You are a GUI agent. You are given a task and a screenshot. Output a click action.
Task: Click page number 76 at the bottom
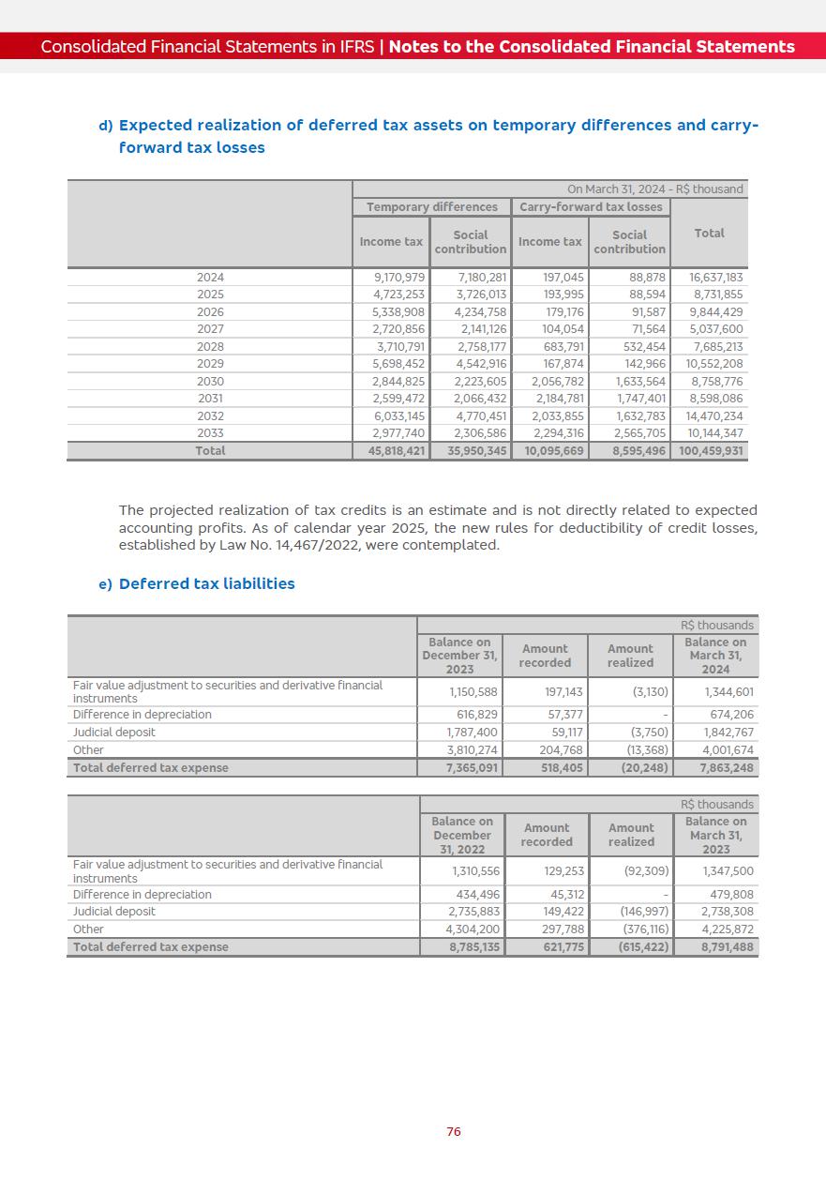coord(454,1132)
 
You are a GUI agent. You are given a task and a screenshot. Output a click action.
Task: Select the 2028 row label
coord(210,347)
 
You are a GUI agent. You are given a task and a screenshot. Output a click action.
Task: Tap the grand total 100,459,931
coord(710,451)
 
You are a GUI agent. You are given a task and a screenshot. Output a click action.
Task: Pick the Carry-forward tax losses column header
coord(591,207)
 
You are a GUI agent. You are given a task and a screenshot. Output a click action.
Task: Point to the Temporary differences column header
coord(431,207)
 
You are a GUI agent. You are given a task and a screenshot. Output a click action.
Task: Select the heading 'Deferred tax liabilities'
coord(206,583)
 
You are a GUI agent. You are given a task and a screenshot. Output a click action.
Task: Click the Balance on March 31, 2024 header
coord(715,656)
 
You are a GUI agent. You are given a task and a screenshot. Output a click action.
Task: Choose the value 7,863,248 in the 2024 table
coord(727,767)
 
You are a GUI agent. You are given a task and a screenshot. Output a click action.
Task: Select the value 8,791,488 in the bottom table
coord(727,946)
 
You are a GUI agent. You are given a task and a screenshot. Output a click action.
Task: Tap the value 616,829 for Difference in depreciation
coord(477,715)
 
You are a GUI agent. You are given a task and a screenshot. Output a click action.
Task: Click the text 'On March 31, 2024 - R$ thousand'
coord(654,189)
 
